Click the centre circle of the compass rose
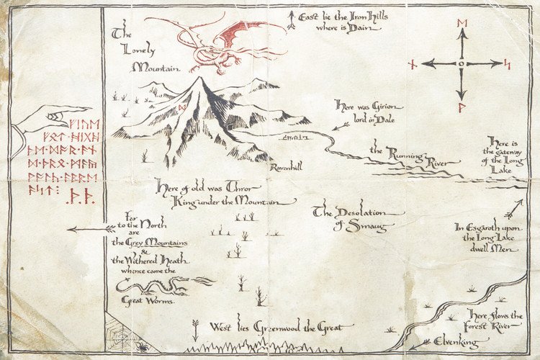[x=462, y=63]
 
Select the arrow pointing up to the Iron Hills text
[x=290, y=19]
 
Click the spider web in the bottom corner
[x=122, y=333]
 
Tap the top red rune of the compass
[x=462, y=24]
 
